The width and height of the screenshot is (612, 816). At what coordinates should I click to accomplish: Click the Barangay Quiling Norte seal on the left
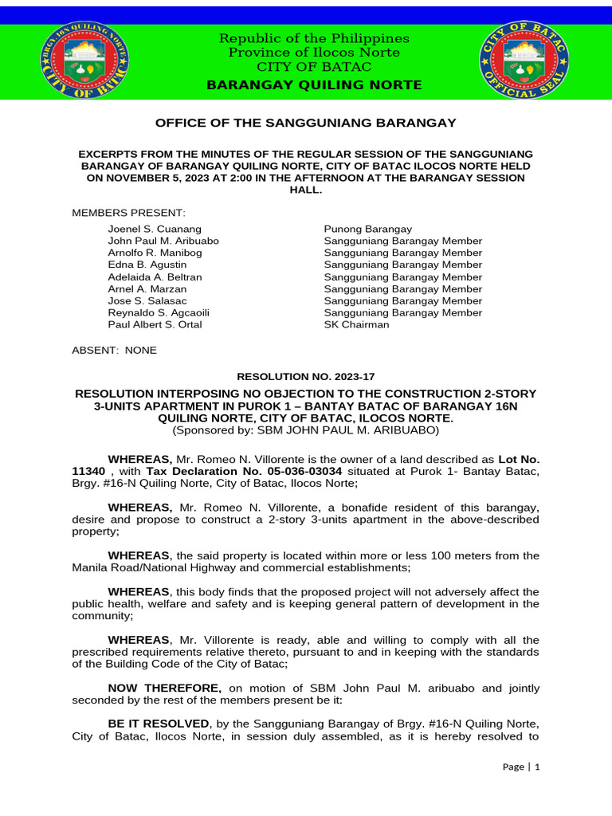coord(84,62)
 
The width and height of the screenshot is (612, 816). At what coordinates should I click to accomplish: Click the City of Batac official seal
coord(524,62)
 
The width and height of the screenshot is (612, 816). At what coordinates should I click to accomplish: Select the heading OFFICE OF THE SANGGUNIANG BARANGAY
coord(305,123)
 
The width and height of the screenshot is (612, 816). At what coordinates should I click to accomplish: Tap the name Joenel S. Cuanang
coord(155,229)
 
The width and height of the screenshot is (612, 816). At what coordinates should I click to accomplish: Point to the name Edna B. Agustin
coord(147,265)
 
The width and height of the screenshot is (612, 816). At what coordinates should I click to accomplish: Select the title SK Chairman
coord(356,325)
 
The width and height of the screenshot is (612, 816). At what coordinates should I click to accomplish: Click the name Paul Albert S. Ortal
coord(155,325)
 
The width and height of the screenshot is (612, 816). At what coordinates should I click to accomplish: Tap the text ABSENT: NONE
coord(115,351)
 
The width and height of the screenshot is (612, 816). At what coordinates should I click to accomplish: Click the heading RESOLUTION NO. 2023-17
coord(305,375)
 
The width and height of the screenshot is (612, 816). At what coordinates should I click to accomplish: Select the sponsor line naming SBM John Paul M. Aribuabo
coord(305,430)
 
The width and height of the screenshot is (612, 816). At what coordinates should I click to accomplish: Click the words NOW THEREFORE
coord(165,688)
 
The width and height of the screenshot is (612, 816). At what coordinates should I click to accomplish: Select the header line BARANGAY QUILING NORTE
coord(314,85)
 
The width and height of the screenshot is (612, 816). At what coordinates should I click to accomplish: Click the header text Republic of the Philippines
coord(314,38)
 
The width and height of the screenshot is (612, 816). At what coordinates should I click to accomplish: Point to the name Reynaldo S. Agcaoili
coord(159,313)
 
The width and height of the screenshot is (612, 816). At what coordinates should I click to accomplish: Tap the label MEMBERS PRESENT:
coord(128,213)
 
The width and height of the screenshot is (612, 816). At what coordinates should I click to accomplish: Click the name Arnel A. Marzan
coord(147,289)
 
